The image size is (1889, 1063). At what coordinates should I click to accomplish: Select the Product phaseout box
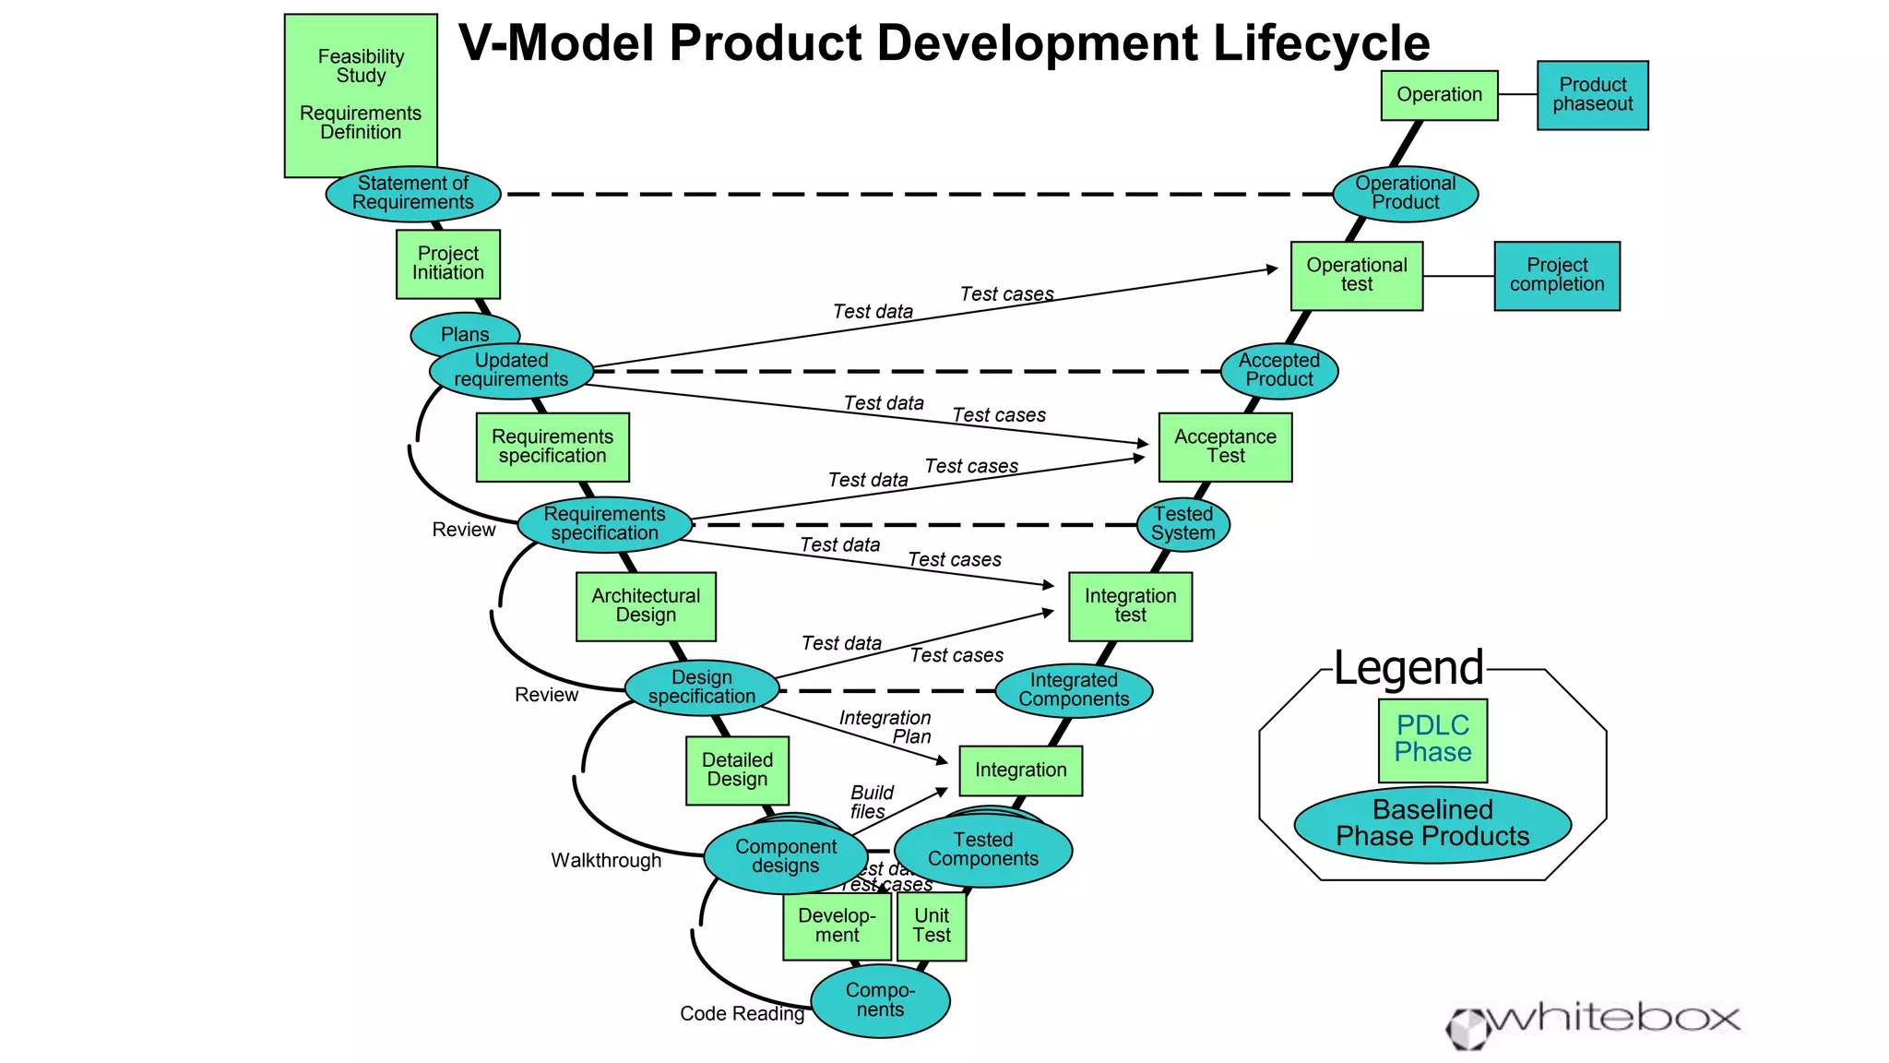point(1592,95)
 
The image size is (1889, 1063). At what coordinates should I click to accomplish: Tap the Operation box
point(1439,95)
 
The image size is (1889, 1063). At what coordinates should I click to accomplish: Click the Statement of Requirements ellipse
point(412,194)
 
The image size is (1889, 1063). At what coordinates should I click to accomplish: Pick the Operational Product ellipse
point(1405,194)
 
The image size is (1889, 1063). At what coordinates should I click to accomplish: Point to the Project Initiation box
point(447,264)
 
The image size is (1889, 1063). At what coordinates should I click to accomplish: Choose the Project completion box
point(1556,276)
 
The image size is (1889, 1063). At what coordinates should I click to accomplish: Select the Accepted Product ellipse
point(1278,371)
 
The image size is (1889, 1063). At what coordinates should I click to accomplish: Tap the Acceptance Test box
point(1225,447)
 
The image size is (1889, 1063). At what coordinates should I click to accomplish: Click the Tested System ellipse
point(1182,524)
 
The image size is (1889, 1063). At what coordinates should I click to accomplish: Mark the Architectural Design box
point(646,606)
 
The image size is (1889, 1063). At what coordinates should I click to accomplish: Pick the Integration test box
point(1130,606)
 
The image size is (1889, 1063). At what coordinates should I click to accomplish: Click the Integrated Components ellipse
point(1074,690)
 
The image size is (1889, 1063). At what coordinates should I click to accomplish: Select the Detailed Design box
point(737,770)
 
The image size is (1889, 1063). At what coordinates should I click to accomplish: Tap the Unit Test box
point(932,926)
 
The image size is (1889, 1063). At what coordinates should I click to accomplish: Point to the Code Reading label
point(742,1013)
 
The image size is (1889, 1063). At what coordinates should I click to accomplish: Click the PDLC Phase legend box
point(1432,739)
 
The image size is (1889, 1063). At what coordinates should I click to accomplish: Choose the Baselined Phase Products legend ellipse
point(1432,824)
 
